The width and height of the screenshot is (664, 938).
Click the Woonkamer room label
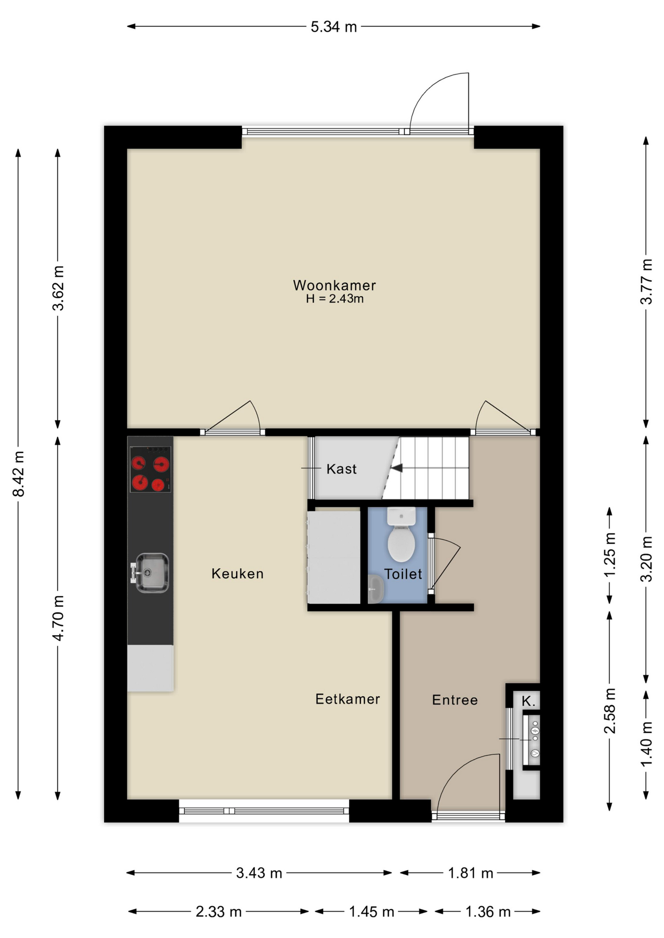[334, 285]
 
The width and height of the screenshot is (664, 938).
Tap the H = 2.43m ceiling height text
[335, 299]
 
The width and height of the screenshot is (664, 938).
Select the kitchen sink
[151, 573]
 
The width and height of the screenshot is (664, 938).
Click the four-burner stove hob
[150, 469]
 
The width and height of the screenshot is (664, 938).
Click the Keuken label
[238, 574]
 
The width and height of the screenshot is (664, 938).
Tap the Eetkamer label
[348, 699]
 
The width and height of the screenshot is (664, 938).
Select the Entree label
[455, 700]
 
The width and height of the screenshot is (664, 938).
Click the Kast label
[341, 469]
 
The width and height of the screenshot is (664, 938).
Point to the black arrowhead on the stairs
[397, 468]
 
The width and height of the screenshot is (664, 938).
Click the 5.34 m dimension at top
[334, 27]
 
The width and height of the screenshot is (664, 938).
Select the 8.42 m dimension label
[19, 474]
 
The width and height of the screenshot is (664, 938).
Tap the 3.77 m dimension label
[646, 282]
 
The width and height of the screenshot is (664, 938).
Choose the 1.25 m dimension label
[610, 554]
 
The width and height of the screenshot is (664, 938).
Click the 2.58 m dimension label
[610, 711]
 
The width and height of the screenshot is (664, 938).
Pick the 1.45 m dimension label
[372, 912]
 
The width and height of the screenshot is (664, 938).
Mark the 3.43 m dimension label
[259, 873]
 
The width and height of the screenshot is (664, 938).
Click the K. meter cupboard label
[529, 701]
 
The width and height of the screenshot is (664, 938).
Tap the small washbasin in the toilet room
[376, 589]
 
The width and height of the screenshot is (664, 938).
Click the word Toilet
[403, 574]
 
